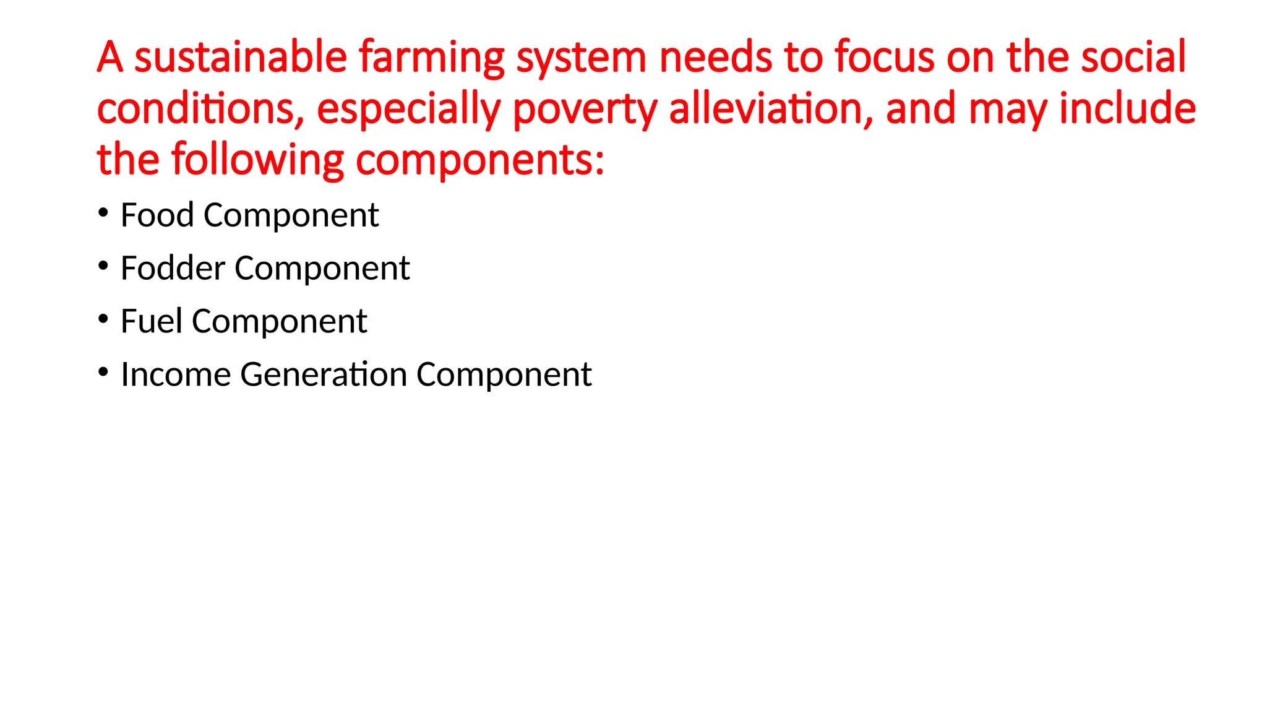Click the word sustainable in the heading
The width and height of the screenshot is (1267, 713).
click(241, 57)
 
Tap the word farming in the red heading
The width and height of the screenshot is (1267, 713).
click(432, 58)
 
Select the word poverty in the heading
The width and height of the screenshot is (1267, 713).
click(585, 110)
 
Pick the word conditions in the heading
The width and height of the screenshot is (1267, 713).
click(200, 108)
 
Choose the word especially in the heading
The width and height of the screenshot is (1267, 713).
click(408, 110)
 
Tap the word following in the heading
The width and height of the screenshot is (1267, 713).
click(257, 160)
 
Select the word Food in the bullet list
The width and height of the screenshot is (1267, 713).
click(157, 215)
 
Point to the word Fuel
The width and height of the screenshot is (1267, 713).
click(152, 322)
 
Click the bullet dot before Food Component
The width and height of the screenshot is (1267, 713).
click(103, 213)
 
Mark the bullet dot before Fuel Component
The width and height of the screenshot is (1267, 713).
click(103, 319)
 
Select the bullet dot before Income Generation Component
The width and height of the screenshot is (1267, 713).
click(103, 373)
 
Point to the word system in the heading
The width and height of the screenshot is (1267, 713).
click(582, 58)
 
